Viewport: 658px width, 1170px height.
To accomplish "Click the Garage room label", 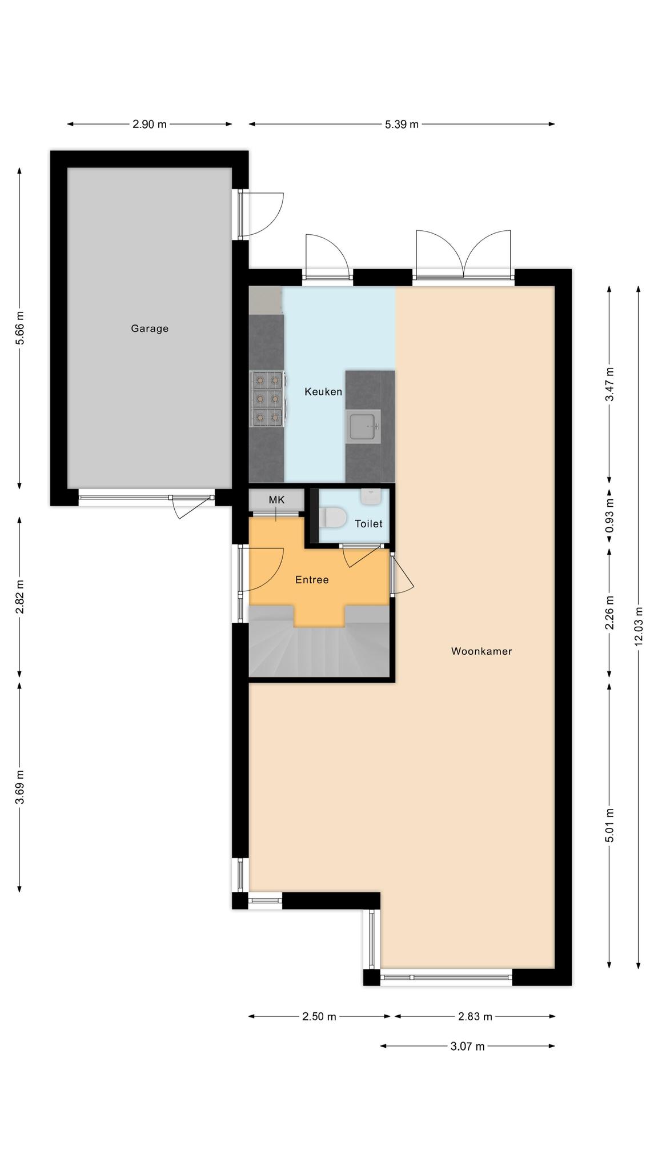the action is click(x=150, y=328).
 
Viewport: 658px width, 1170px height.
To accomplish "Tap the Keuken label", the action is click(x=323, y=391).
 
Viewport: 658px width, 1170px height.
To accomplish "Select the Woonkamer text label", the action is click(x=482, y=651).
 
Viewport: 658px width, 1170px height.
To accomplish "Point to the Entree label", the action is click(x=312, y=580).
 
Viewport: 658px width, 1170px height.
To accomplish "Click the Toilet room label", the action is click(x=368, y=523).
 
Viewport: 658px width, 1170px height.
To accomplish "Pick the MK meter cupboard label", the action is click(x=276, y=500).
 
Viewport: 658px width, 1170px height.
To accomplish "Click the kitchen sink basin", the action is click(x=364, y=426).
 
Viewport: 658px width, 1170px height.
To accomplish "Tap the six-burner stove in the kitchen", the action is click(x=268, y=399).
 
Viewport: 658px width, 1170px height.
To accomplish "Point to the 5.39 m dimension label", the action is click(x=402, y=124).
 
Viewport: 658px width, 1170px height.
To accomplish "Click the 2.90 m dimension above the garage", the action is click(x=150, y=124).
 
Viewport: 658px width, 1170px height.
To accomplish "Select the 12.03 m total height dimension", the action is click(x=639, y=626).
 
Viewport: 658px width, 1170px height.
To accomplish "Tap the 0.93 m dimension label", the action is click(x=609, y=516).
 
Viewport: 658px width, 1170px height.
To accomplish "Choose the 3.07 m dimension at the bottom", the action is click(x=467, y=1046).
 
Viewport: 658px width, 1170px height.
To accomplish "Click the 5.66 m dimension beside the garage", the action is click(x=20, y=328).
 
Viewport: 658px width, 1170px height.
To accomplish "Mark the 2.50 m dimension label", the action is click(x=319, y=1016).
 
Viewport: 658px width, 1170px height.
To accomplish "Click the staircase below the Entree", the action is click(x=319, y=648).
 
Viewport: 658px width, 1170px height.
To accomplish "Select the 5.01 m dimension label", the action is click(x=609, y=826).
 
